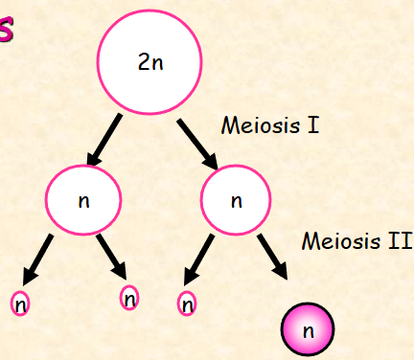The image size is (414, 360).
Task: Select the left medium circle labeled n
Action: coord(83,202)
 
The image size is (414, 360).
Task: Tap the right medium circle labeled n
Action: coord(237,202)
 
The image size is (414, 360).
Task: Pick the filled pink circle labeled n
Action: coord(308,329)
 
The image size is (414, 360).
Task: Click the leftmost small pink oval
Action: coord(20,304)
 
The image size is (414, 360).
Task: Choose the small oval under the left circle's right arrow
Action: coord(129,298)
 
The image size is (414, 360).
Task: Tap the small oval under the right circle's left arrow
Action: coord(188,304)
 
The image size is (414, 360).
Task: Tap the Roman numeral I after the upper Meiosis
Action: coord(313,125)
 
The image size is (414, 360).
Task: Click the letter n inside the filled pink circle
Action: coord(308,330)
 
